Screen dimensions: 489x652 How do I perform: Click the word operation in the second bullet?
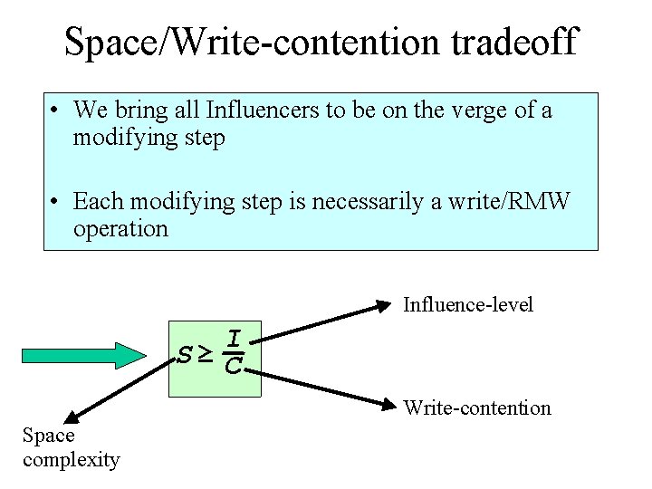(x=121, y=228)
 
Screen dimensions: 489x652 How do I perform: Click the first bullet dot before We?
(x=56, y=112)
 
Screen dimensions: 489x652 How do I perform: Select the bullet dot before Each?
(x=56, y=201)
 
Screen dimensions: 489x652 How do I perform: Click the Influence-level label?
(x=468, y=304)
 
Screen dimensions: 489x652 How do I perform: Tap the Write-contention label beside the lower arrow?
(x=477, y=407)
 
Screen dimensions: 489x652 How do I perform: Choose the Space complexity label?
(x=71, y=447)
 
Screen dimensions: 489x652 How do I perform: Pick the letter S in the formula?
(x=185, y=355)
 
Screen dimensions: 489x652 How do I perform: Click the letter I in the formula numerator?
(x=234, y=339)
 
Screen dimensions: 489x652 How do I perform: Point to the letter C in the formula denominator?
(x=233, y=367)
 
